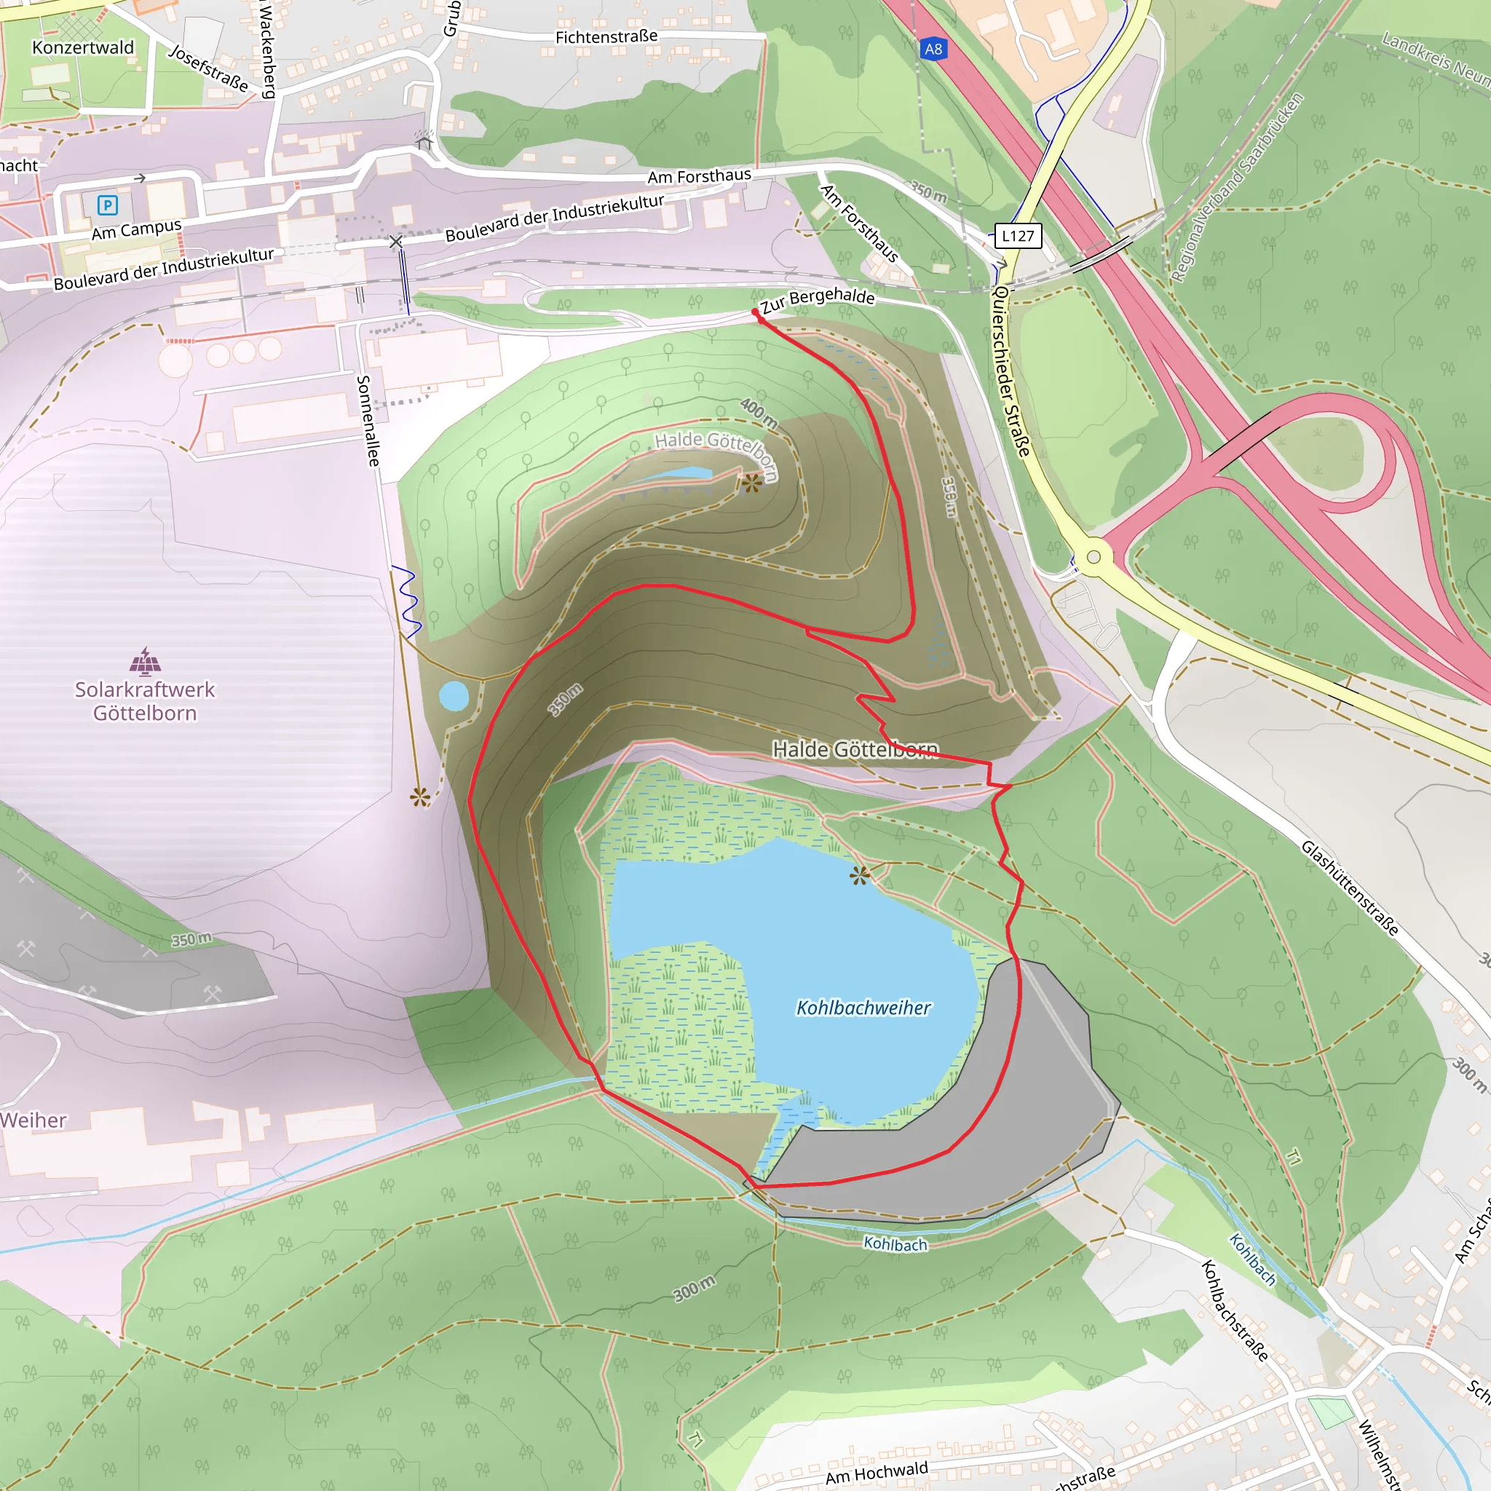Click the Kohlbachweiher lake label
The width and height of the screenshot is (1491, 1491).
[863, 1008]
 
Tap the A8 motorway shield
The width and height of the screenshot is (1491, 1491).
[933, 50]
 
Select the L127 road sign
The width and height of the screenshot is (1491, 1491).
[1018, 235]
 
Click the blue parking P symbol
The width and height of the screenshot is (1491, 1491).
[107, 205]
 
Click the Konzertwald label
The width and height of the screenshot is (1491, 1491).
[82, 48]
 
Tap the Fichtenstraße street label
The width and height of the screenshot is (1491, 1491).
[606, 36]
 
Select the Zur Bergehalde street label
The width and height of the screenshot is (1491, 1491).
[818, 300]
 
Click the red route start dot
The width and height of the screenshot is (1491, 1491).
[755, 312]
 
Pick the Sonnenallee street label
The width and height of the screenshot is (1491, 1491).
[368, 421]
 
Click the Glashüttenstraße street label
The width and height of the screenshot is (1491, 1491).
[1350, 887]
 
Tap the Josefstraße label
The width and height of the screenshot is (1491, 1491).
[209, 68]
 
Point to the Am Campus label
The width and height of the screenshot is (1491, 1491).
[137, 229]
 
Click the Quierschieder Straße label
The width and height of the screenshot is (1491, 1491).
[1012, 371]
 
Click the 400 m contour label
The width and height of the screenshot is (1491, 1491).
[759, 413]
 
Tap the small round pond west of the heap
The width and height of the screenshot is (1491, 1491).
[454, 695]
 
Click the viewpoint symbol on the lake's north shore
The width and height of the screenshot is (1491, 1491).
[859, 875]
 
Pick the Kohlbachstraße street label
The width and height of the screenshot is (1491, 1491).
[1235, 1310]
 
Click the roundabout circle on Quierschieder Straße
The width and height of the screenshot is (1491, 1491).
[1093, 556]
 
